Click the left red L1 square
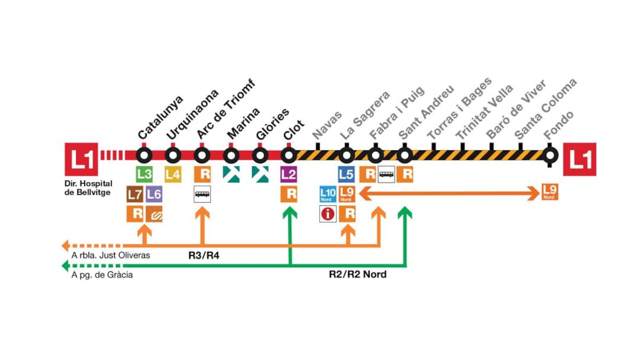point(81,159)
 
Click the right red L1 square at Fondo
point(580,159)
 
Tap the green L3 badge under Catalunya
point(145,174)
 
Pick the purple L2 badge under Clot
point(289,174)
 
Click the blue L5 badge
point(347,174)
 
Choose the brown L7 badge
point(134,194)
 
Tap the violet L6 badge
point(154,194)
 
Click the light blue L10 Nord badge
point(327,194)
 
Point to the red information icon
point(327,214)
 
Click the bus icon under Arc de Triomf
point(202,194)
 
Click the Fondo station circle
point(551,155)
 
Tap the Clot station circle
point(289,155)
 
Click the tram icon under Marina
point(231,174)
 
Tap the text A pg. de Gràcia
point(102,275)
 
